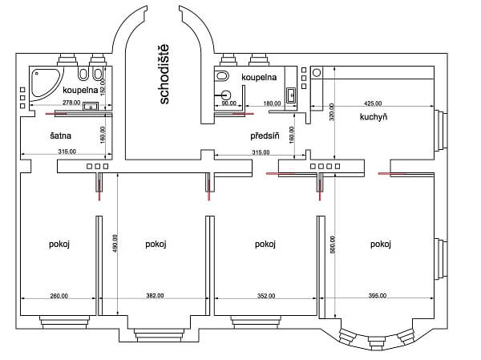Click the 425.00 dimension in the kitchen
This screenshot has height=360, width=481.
(x=373, y=103)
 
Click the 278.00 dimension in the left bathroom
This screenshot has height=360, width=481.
(x=71, y=103)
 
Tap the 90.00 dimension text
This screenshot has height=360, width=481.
(x=228, y=103)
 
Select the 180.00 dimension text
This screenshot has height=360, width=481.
(x=272, y=103)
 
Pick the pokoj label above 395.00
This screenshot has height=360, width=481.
(x=380, y=244)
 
